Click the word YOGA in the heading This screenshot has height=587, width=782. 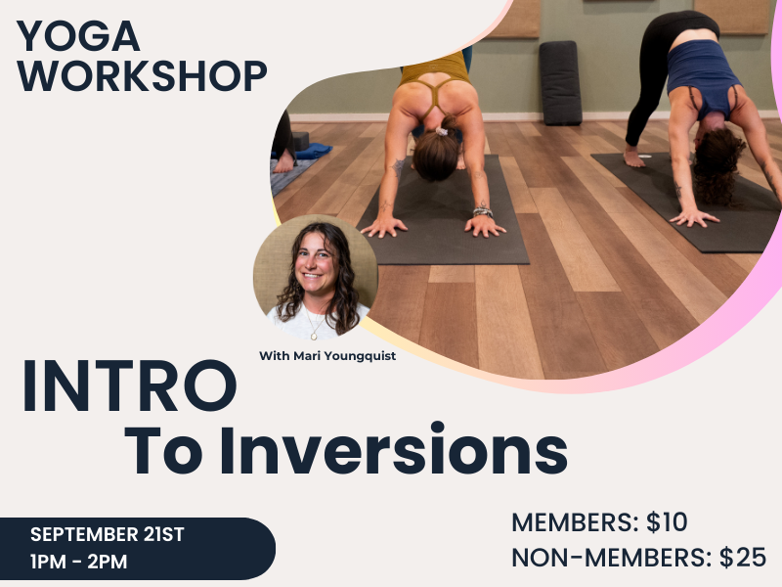coord(79,36)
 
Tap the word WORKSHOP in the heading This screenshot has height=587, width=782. coord(142,76)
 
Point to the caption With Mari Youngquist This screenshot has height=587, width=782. coord(326,355)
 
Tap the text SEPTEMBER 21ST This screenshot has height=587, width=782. coord(108,535)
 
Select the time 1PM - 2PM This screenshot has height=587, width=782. coord(79,563)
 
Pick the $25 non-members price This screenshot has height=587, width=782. coord(743,558)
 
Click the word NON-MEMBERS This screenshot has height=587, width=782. coord(611,558)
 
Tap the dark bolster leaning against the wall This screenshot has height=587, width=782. coord(560,82)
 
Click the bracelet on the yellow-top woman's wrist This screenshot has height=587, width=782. coord(481,210)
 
